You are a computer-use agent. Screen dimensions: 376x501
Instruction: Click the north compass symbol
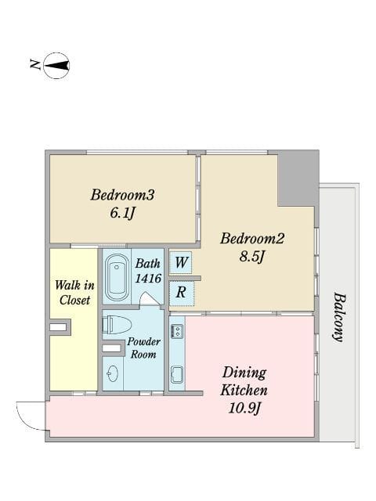tap(56, 66)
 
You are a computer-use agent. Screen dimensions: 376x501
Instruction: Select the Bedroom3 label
tap(122, 195)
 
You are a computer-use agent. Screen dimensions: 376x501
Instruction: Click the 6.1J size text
tap(122, 213)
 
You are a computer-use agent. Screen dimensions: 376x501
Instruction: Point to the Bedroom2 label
tap(252, 238)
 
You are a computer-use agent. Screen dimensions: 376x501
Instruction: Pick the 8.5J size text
tap(252, 257)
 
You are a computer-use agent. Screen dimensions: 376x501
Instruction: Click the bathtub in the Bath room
tap(117, 277)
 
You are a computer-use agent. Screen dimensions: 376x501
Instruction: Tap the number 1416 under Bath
tap(148, 279)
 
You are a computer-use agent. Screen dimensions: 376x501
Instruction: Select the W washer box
tap(181, 262)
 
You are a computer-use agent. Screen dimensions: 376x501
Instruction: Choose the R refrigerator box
tap(181, 293)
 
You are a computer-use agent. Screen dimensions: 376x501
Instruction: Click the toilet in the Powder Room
tap(117, 325)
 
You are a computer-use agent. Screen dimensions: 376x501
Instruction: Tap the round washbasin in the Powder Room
tap(113, 373)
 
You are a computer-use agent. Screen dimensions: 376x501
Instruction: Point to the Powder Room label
tap(143, 348)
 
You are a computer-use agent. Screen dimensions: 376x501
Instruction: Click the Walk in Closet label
tap(75, 292)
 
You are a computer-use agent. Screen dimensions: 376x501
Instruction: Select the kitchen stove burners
tap(177, 331)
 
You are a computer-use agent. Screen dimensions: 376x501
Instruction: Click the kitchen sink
tap(177, 375)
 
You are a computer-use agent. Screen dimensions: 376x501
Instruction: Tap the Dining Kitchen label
tap(244, 381)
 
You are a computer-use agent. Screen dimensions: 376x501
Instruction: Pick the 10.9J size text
tap(244, 409)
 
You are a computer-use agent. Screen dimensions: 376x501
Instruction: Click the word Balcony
tap(339, 317)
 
